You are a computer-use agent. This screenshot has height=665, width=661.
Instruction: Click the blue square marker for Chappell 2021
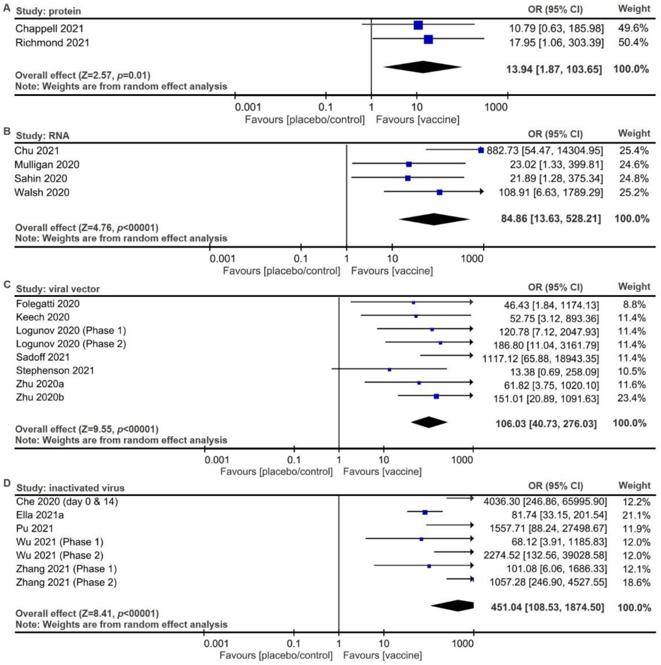(418, 25)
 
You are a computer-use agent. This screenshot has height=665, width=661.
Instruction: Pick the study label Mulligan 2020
(47, 165)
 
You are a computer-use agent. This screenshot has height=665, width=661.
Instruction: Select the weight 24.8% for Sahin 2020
(634, 178)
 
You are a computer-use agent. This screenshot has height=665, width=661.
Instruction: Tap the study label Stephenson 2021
(55, 370)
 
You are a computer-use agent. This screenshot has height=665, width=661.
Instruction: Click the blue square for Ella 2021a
(425, 512)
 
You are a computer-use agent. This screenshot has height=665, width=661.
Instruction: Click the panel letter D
(7, 483)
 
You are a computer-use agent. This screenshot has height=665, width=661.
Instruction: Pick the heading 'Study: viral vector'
(58, 289)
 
